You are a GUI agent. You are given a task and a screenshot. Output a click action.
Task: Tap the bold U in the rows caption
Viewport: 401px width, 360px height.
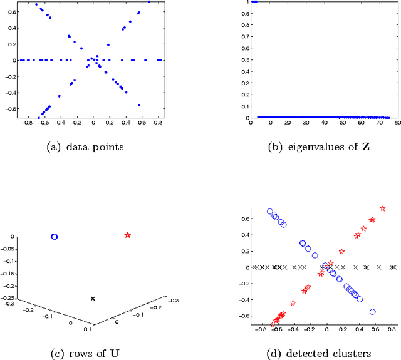pyautogui.click(x=115, y=352)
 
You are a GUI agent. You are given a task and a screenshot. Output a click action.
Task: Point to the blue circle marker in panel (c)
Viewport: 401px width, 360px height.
pyautogui.click(x=54, y=237)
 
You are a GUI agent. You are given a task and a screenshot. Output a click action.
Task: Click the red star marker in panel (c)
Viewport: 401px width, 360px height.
pyautogui.click(x=128, y=235)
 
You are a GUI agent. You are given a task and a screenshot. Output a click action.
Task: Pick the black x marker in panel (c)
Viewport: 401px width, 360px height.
pyautogui.click(x=93, y=299)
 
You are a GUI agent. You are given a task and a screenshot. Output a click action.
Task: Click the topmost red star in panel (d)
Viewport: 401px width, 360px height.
pyautogui.click(x=383, y=208)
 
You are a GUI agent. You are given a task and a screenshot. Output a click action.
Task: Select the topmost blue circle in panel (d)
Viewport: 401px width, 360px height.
pyautogui.click(x=270, y=212)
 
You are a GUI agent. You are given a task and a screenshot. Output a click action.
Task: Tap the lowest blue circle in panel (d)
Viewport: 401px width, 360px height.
pyautogui.click(x=373, y=312)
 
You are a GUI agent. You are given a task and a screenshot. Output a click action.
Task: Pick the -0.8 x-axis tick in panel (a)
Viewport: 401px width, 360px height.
pyautogui.click(x=23, y=123)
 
